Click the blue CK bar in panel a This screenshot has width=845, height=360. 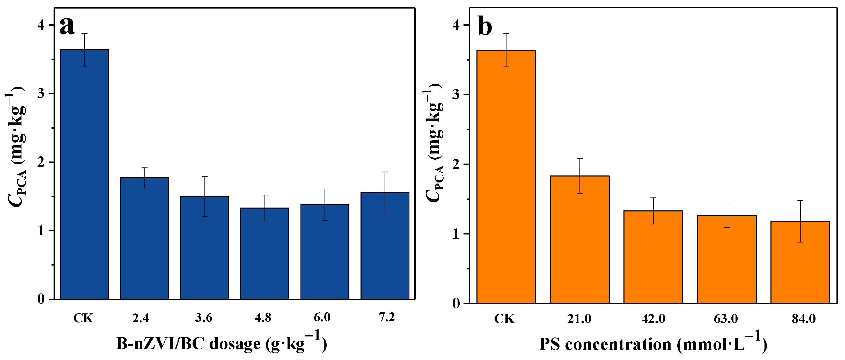pyautogui.click(x=84, y=174)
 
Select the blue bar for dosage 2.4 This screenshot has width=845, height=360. pyautogui.click(x=144, y=238)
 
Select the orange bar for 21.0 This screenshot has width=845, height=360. pyautogui.click(x=580, y=240)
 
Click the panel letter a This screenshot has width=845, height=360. pyautogui.click(x=67, y=26)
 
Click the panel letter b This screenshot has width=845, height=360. pyautogui.click(x=485, y=27)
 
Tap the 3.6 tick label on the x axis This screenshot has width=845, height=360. pyautogui.click(x=204, y=318)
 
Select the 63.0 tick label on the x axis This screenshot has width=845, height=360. pyautogui.click(x=726, y=319)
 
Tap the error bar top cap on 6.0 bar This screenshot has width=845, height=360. pyautogui.click(x=325, y=189)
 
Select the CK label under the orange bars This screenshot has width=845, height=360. pyautogui.click(x=504, y=319)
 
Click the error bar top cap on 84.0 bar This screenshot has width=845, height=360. pyautogui.click(x=800, y=201)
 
